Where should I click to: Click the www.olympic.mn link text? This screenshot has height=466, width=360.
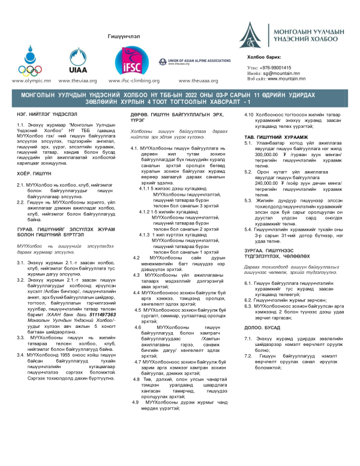pos(26,79)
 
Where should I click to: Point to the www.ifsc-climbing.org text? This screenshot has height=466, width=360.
pos(133,79)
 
